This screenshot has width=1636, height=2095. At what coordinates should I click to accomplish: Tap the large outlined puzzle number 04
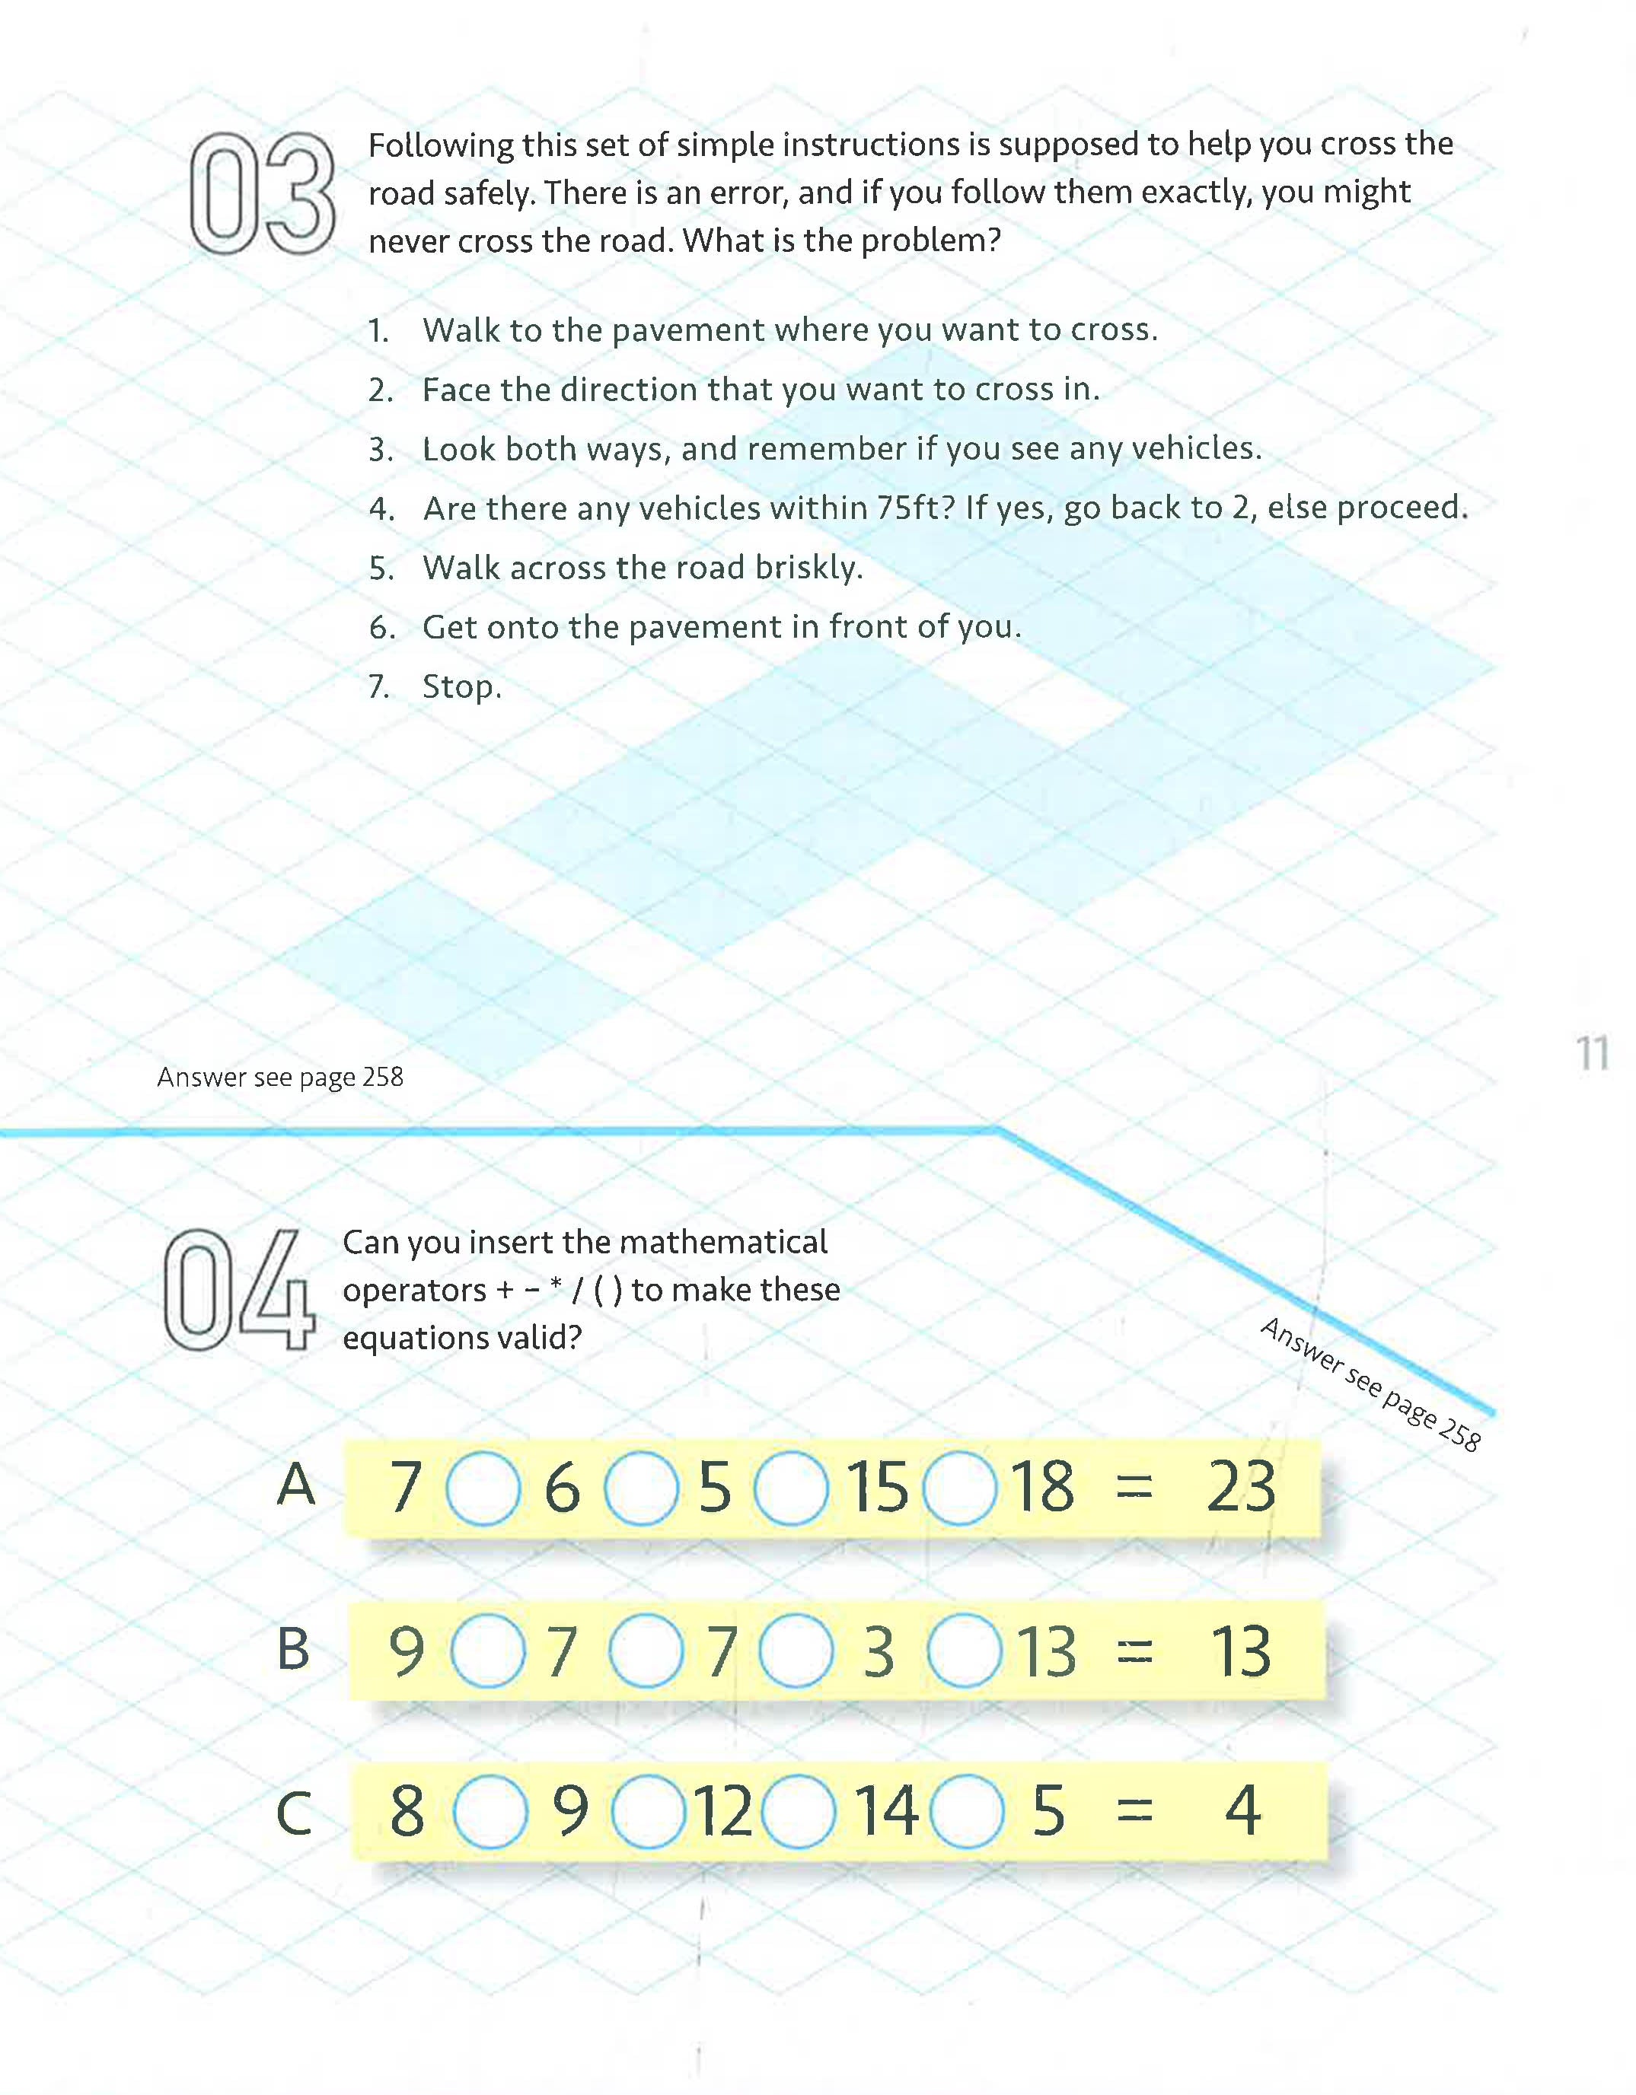238,1289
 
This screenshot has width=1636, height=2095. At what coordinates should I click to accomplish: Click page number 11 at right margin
1591,1054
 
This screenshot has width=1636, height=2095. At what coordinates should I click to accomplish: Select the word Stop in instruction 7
461,687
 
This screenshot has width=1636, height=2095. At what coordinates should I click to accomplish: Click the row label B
294,1649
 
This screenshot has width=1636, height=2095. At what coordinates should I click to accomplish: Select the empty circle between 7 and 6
483,1488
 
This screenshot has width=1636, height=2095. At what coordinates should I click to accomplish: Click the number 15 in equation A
876,1488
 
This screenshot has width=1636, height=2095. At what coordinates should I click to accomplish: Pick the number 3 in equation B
878,1652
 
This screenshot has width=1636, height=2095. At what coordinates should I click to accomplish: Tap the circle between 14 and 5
967,1811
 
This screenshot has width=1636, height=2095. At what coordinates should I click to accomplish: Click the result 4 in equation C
1242,1811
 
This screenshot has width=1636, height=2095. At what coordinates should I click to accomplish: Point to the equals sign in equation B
1134,1652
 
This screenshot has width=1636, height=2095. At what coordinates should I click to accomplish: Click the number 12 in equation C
722,1811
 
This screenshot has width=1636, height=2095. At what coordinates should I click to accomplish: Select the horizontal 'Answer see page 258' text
280,1078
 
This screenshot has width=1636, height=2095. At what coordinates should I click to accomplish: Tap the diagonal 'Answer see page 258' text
1370,1384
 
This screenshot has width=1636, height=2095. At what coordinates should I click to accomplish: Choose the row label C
294,1813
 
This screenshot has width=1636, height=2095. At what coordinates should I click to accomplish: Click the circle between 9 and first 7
487,1651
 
